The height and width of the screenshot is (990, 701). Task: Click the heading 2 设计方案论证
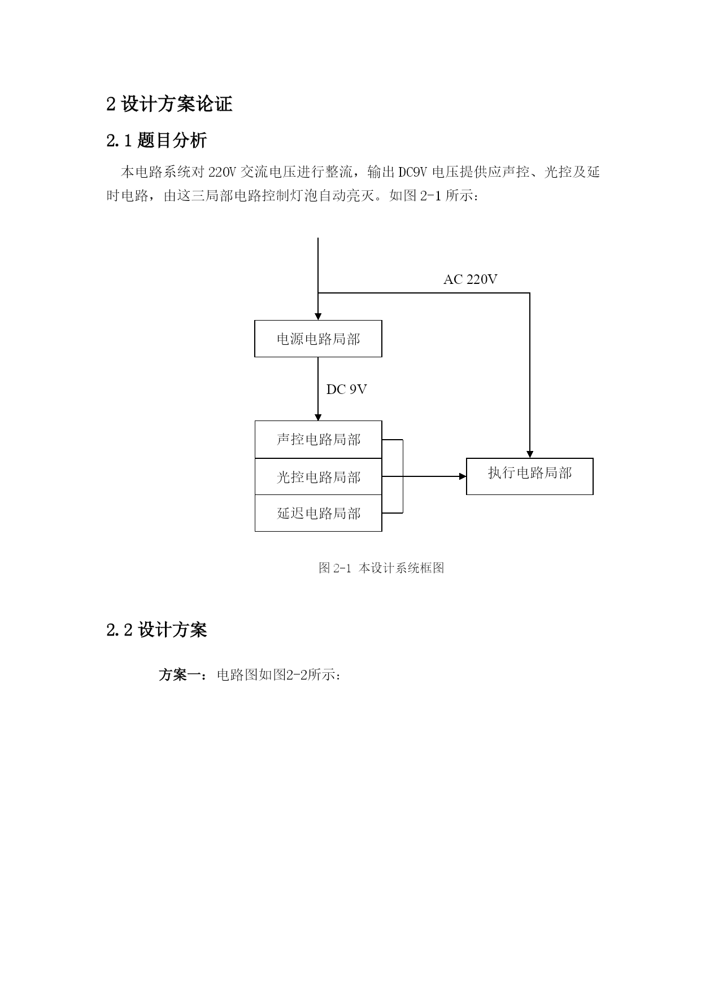pos(169,104)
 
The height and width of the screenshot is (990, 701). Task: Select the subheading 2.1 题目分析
pos(156,140)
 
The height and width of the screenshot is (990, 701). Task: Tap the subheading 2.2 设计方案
pos(156,629)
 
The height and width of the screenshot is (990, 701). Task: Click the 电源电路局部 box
pos(318,339)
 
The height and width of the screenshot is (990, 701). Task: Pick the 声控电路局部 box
pos(318,440)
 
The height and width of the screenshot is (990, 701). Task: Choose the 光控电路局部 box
pos(318,477)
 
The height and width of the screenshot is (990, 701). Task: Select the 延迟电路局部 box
pos(318,513)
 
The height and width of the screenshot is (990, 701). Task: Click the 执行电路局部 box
pos(529,474)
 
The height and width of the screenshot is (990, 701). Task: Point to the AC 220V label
pos(470,279)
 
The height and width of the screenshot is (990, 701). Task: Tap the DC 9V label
pos(346,389)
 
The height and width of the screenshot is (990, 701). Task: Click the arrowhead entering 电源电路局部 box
pos(318,317)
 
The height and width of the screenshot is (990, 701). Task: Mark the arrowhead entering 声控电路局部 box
pos(318,417)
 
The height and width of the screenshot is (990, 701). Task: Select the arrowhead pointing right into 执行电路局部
pos(463,476)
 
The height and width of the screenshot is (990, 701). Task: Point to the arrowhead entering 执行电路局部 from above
pos(530,454)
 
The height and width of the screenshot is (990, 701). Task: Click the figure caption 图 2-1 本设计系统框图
pos(381,568)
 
